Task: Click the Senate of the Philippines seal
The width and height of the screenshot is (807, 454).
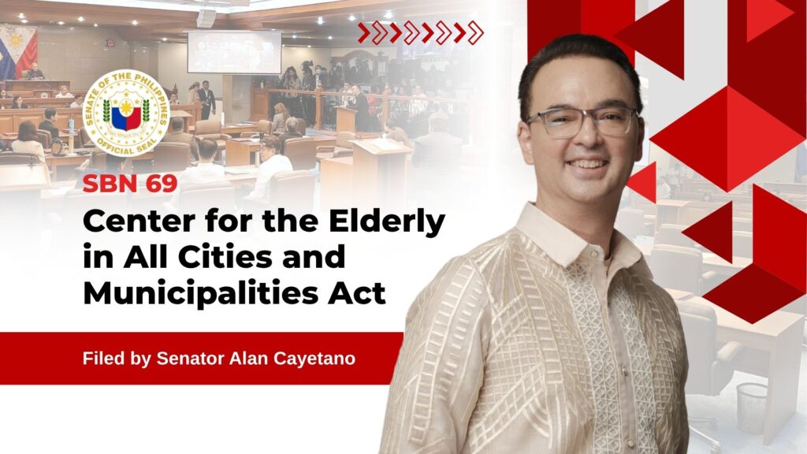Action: point(126,113)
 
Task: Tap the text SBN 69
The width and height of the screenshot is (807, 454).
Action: point(130,184)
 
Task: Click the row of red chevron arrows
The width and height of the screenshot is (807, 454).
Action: point(421,33)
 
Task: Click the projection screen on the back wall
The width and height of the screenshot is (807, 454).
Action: point(234,52)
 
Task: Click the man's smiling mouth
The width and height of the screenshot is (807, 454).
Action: point(587,166)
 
